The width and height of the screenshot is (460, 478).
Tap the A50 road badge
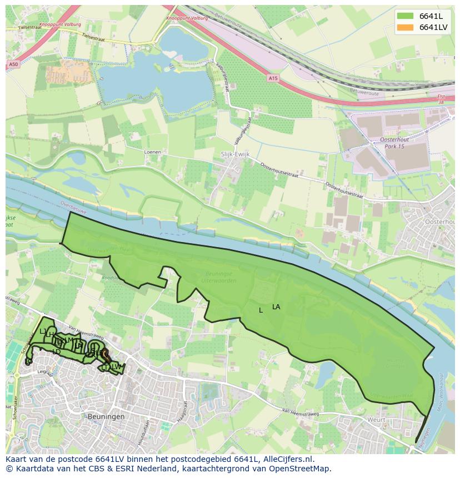coord(13,65)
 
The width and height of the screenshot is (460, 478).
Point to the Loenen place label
coord(152,152)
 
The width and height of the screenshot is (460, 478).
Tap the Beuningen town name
coord(106,416)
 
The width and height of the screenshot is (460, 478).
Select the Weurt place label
coord(376,420)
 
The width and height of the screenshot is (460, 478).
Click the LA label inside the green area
coord(276,307)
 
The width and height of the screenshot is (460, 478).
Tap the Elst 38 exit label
coord(441,99)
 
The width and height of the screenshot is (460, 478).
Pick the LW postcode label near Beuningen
coord(116,367)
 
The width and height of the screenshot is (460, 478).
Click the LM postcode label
coord(68,340)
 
